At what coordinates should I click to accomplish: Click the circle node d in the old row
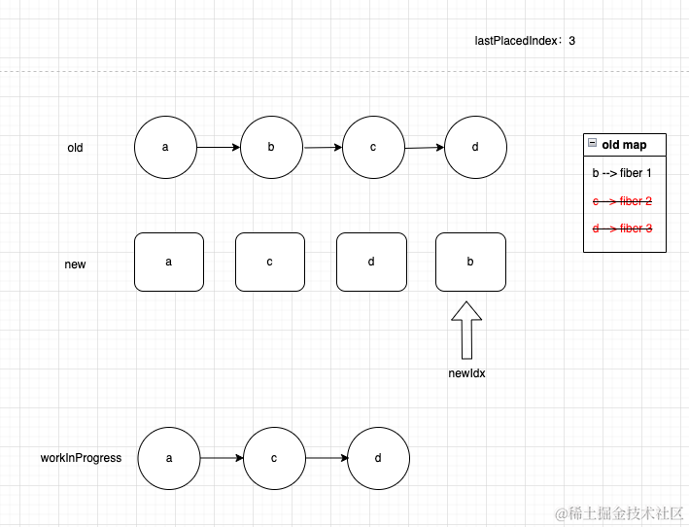point(475,147)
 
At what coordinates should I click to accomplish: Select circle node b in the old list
point(272,147)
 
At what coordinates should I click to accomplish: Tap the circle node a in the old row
point(166,147)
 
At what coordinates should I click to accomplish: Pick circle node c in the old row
point(373,147)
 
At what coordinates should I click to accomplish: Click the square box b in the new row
point(471,262)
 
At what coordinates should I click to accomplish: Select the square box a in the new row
point(169,262)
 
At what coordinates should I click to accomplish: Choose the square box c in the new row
point(270,262)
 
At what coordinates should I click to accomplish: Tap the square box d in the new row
point(371,262)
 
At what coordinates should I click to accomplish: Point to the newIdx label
point(466,373)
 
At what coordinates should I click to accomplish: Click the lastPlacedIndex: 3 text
point(525,41)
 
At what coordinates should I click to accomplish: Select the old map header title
point(624,145)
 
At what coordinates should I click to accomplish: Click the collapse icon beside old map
point(592,144)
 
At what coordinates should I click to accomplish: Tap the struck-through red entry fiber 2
point(622,201)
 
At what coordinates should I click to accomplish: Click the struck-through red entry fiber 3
point(622,228)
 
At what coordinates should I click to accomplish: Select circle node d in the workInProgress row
point(378,457)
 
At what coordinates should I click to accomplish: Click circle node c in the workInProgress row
point(275,457)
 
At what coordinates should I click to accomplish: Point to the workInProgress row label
point(81,457)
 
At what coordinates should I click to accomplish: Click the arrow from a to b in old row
point(219,148)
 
